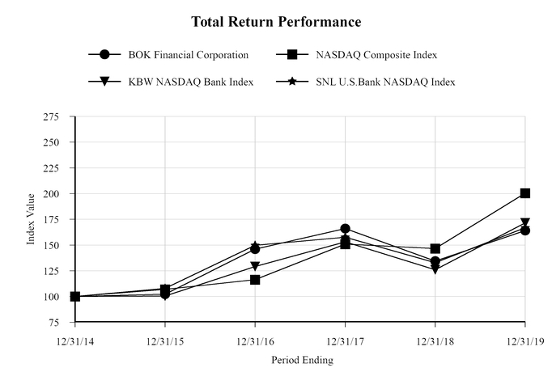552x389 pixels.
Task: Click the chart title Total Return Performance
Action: click(276, 21)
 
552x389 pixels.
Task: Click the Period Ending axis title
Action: click(301, 360)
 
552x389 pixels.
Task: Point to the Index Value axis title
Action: click(32, 219)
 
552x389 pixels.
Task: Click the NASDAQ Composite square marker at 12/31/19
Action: click(525, 193)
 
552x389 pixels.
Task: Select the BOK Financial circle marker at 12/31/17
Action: click(346, 229)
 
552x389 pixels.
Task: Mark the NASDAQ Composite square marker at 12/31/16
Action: click(255, 280)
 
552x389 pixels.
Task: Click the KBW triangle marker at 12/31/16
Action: click(255, 267)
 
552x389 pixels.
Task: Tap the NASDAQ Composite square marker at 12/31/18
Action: click(435, 249)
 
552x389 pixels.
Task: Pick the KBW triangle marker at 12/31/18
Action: click(435, 270)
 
